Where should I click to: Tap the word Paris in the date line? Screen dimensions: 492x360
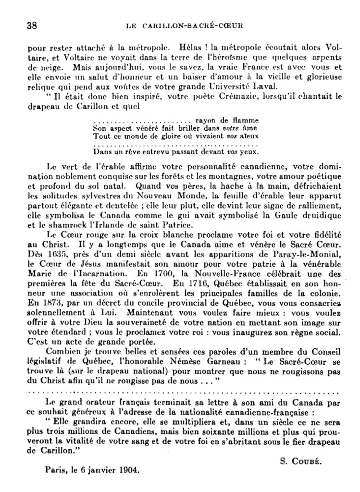pos(57,471)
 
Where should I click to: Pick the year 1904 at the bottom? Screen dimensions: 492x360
pos(129,471)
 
